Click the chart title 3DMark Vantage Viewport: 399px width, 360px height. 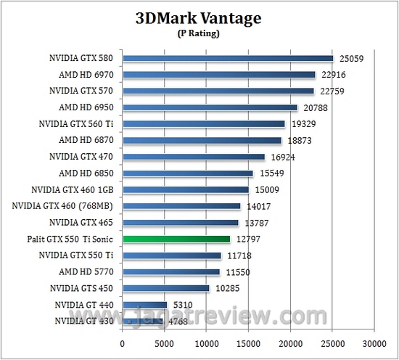click(x=199, y=17)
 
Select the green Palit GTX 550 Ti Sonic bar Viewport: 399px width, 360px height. click(x=176, y=239)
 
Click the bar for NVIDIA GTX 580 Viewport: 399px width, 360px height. click(x=228, y=58)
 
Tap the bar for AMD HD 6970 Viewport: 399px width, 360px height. click(x=219, y=74)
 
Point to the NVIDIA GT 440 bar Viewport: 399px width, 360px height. click(x=145, y=305)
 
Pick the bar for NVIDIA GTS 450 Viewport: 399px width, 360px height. click(x=166, y=288)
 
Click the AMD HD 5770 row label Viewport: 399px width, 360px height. click(x=86, y=272)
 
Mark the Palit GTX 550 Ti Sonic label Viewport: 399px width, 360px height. click(x=69, y=239)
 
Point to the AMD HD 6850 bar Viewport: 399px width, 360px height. click(x=188, y=173)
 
